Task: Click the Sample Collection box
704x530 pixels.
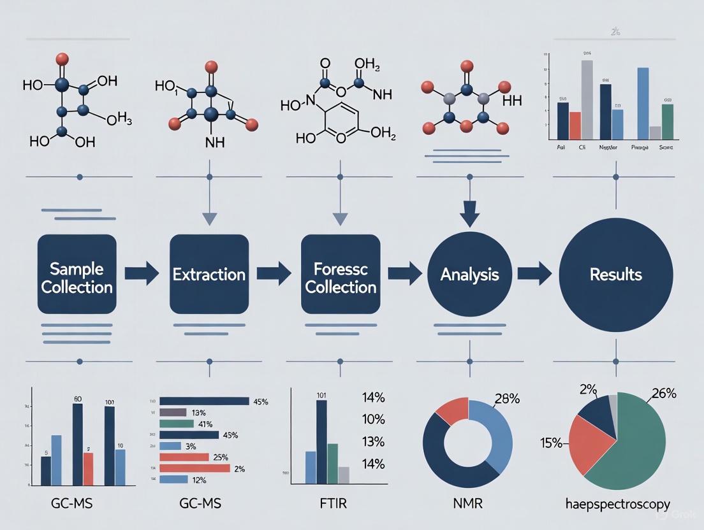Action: pos(77,274)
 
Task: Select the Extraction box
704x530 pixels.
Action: pos(209,274)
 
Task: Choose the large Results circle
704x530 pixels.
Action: pos(615,274)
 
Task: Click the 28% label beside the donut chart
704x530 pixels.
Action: pos(506,399)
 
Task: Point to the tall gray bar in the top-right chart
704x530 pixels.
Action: pos(587,99)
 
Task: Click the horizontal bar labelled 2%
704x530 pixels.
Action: pos(194,468)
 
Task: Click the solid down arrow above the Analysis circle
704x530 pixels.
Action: pos(470,214)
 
